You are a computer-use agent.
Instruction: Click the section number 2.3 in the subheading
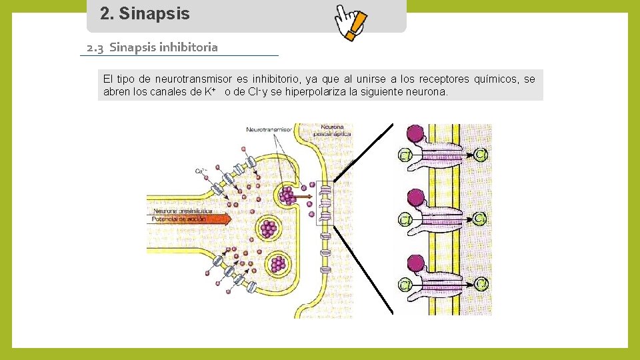click(95, 47)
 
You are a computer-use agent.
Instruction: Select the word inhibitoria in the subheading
click(189, 47)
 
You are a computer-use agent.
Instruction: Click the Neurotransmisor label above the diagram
click(270, 129)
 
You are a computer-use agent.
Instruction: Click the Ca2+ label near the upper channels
click(200, 172)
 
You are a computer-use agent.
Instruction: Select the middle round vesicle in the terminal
click(269, 229)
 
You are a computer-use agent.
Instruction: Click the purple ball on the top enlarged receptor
click(416, 134)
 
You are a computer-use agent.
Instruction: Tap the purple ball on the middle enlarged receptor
click(416, 198)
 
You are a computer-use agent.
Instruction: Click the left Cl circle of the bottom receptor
click(405, 285)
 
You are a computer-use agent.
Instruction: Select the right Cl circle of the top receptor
click(482, 155)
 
